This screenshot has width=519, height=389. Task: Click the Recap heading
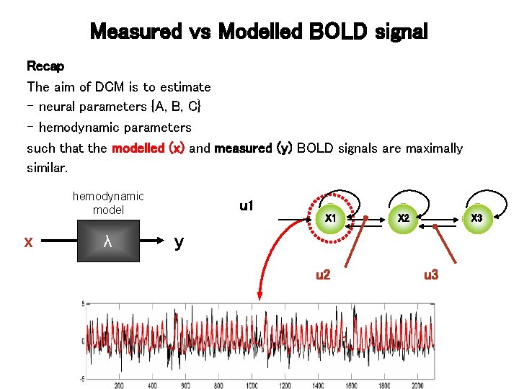coord(45,66)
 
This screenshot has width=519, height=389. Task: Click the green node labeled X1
coord(331,218)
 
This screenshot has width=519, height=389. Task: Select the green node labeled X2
coord(404,218)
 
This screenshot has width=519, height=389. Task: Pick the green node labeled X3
coord(476,218)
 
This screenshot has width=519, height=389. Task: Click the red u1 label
coord(247,207)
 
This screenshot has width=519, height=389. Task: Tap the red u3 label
coord(431,274)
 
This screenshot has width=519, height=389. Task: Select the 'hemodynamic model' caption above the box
coord(108,202)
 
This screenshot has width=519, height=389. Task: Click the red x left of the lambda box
coord(28,242)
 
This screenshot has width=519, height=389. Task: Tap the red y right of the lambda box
coord(179,242)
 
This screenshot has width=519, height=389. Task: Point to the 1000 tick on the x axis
coord(252,385)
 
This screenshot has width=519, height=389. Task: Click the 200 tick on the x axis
coord(119,385)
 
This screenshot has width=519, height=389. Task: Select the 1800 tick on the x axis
coord(383,385)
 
